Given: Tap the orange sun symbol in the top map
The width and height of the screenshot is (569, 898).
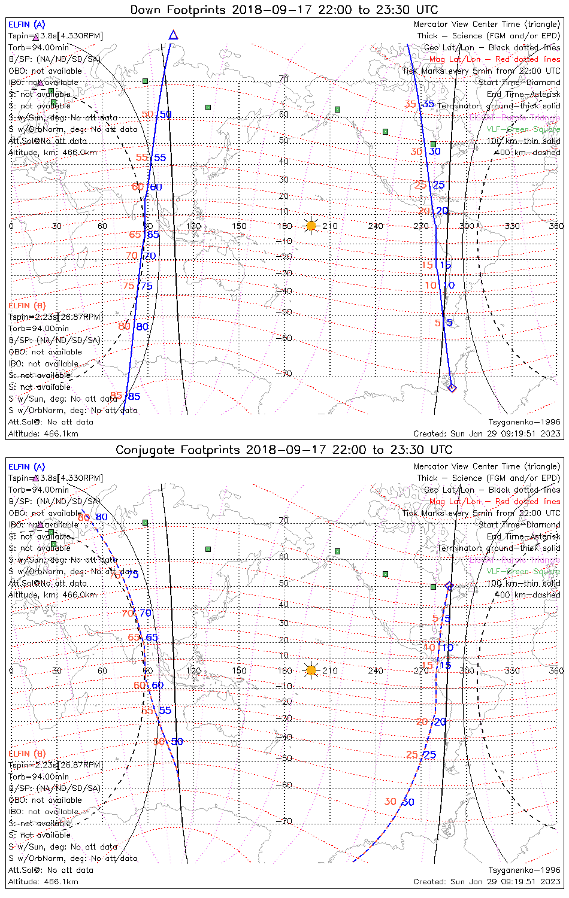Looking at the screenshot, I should [311, 226].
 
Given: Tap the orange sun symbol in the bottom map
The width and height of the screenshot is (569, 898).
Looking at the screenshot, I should [311, 670].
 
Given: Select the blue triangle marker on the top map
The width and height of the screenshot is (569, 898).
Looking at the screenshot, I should [173, 35].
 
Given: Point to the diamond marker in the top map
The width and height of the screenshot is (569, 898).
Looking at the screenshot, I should [452, 388].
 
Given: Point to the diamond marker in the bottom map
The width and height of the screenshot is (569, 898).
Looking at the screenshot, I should [449, 586].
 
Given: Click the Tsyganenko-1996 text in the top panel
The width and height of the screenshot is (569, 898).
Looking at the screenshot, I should [524, 422].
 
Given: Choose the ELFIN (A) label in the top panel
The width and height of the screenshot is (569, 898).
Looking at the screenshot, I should [26, 25].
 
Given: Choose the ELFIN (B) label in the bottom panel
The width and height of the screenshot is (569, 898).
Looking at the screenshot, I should [27, 753].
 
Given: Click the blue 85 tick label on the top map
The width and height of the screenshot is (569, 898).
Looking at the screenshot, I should [134, 396].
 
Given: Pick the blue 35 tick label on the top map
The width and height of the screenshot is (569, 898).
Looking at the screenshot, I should [428, 104].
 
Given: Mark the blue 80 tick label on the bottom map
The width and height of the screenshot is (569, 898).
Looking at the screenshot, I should [102, 517].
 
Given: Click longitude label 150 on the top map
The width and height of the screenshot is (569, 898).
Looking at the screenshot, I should [239, 226].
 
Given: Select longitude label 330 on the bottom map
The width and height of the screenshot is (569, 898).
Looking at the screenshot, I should [512, 671].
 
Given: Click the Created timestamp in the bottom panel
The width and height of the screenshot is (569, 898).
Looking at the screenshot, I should [487, 881].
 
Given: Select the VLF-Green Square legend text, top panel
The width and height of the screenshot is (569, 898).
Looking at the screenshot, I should [523, 129].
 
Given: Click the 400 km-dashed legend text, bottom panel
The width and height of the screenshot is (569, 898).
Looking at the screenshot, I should [528, 594].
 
